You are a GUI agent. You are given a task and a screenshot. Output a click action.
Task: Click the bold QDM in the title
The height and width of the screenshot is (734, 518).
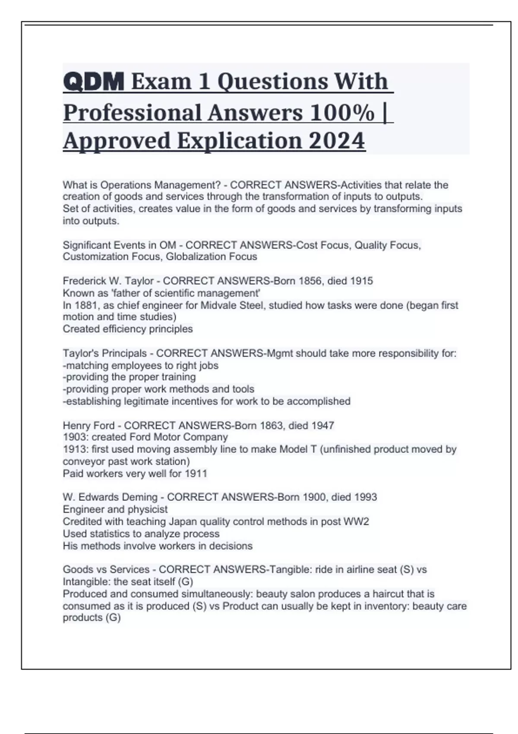pyautogui.click(x=94, y=82)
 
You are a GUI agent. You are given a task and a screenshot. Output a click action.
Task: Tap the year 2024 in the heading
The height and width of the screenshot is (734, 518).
pyautogui.click(x=337, y=141)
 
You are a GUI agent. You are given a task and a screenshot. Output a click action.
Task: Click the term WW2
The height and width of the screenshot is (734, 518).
pyautogui.click(x=356, y=522)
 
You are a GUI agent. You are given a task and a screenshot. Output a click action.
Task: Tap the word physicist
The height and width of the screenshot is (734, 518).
pyautogui.click(x=145, y=509)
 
